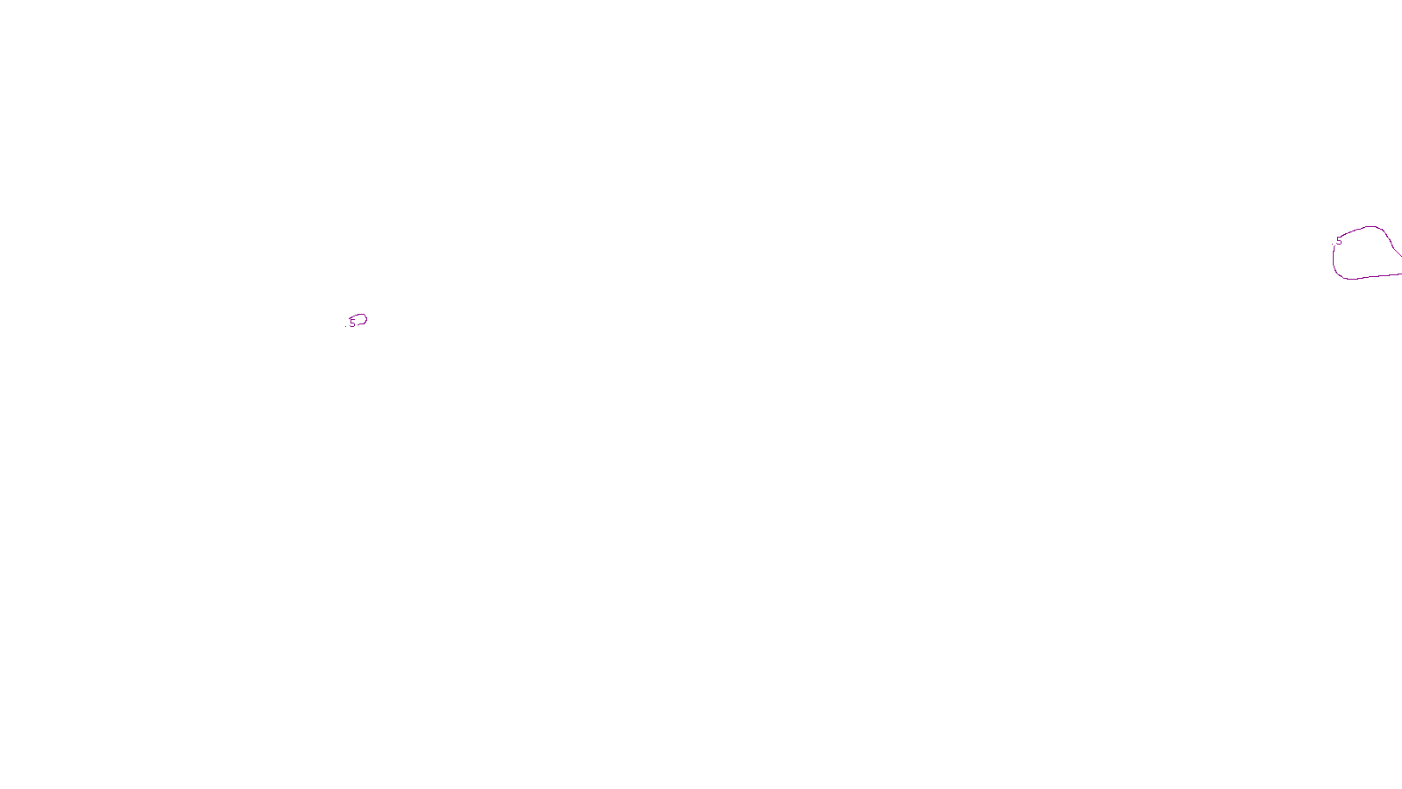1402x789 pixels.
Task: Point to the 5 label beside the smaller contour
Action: (352, 323)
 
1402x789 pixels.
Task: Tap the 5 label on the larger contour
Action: (1339, 241)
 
